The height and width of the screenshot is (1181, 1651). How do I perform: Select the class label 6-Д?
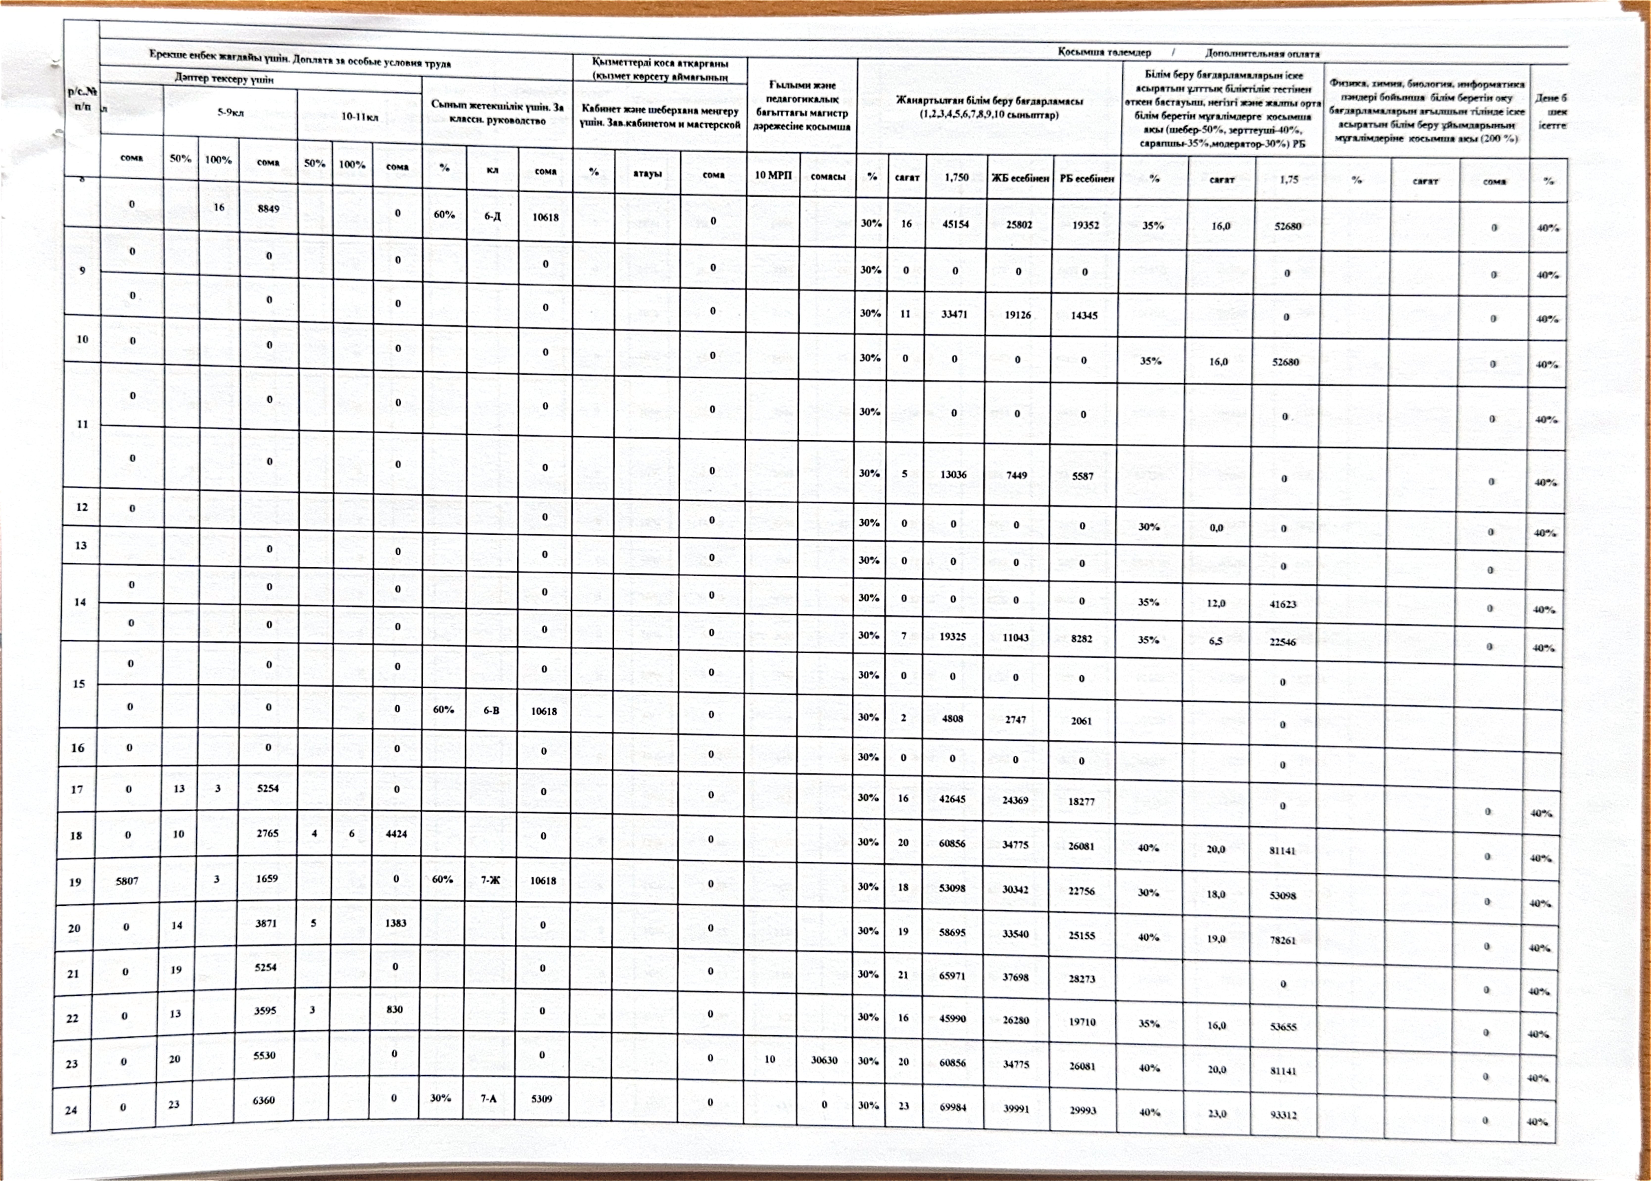click(x=493, y=216)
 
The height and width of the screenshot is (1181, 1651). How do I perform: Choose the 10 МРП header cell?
click(x=773, y=175)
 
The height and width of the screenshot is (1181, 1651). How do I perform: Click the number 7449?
click(x=1016, y=475)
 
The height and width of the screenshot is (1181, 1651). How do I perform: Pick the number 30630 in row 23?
click(x=824, y=1060)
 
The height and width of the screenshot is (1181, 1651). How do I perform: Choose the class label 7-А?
click(x=488, y=1099)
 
